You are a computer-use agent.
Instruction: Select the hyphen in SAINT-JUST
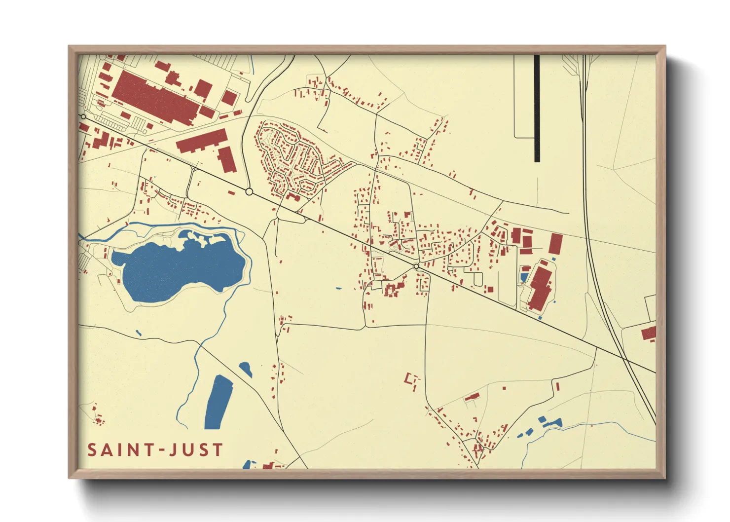pos(159,450)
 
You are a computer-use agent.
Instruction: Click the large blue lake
pos(178,269)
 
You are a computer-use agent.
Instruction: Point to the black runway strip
pos(537,109)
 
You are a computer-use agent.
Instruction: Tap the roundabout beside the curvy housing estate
pos(249,191)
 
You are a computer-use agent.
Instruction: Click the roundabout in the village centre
pos(416,266)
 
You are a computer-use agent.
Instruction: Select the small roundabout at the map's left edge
pos(83,117)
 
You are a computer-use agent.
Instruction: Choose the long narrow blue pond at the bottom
pos(219,402)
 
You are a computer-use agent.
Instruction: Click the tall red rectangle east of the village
pos(555,244)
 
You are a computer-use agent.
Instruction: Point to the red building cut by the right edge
pos(649,333)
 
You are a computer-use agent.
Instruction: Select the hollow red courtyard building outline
pos(412,380)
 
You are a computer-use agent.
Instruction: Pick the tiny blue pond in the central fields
pos(338,288)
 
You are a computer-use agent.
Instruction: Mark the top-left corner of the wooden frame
pos(70,47)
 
